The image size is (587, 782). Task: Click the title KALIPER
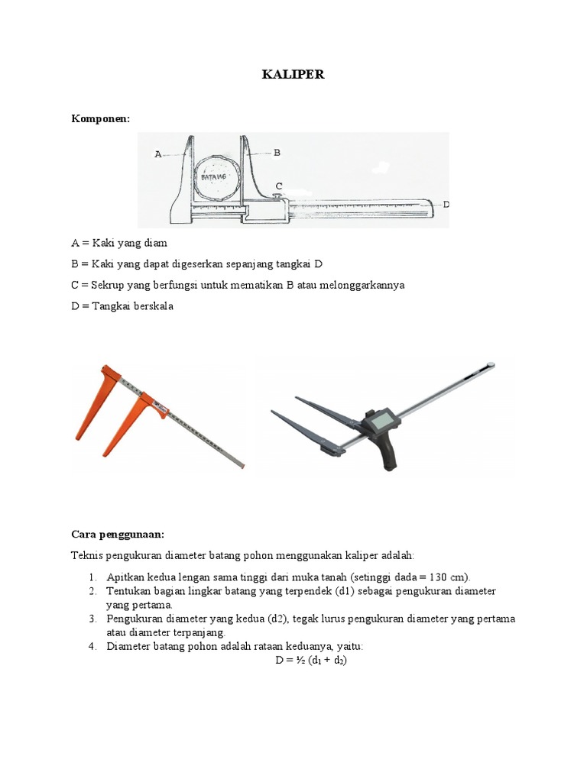[x=293, y=75]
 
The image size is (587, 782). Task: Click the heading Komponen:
[x=101, y=118]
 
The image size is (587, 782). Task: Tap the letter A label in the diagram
[x=158, y=153]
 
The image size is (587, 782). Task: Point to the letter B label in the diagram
[x=277, y=153]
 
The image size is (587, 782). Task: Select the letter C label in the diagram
[x=279, y=186]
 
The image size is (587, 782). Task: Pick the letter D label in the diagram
[x=446, y=205]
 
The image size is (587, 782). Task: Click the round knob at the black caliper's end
[x=491, y=365]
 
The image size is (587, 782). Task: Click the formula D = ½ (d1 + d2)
[x=311, y=660]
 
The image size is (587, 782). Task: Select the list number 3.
[x=91, y=619]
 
